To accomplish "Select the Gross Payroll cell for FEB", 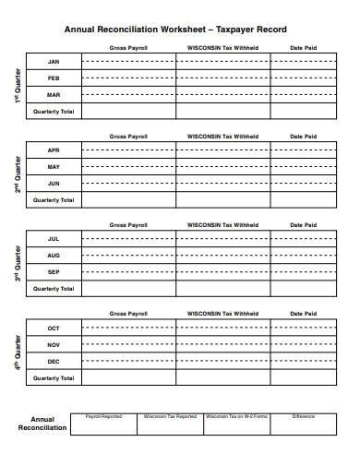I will point(128,78).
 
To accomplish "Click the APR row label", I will point(54,149).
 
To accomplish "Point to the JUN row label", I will point(54,183).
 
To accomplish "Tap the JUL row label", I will point(54,238).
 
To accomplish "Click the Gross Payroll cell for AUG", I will point(128,255).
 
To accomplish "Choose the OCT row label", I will point(54,328).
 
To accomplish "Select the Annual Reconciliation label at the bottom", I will point(42,423).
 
